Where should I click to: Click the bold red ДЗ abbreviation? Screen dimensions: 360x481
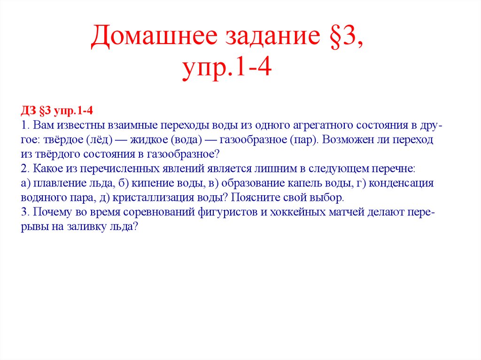tap(28, 111)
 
